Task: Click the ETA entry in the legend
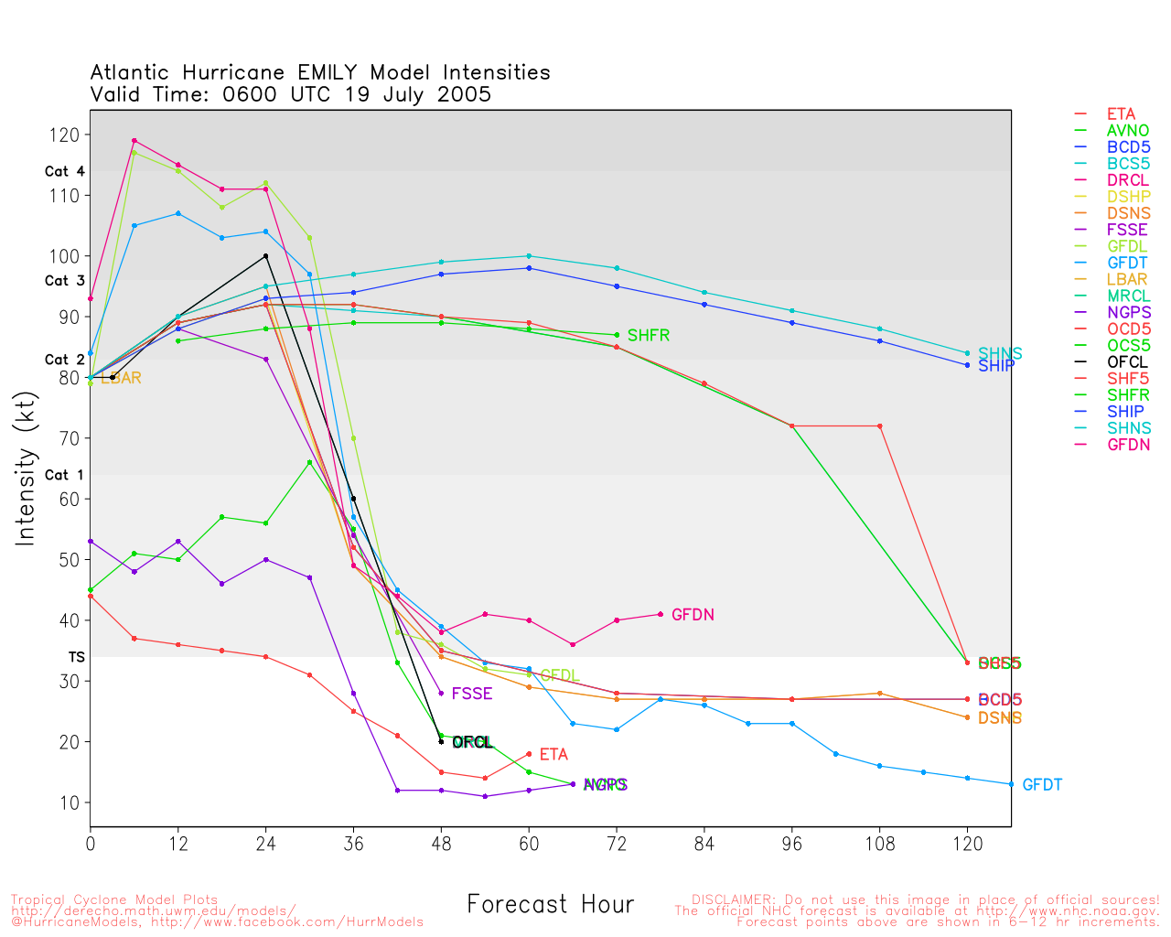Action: [x=1121, y=114]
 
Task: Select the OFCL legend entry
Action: [x=1127, y=362]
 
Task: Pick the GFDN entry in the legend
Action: [x=1128, y=445]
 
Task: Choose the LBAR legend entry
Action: [x=1127, y=280]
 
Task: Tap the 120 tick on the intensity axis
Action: [x=69, y=135]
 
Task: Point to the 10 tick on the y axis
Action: [x=72, y=802]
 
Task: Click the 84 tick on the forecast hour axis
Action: [x=704, y=844]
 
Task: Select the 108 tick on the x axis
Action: [x=880, y=844]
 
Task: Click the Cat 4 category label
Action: [x=64, y=171]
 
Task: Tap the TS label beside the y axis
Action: [x=76, y=657]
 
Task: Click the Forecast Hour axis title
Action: [x=550, y=905]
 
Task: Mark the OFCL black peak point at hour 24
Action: [x=265, y=256]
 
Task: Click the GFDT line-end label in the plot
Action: [x=1042, y=785]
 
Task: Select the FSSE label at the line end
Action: [x=472, y=694]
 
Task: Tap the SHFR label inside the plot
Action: [x=649, y=336]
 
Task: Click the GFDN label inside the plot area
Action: [x=693, y=615]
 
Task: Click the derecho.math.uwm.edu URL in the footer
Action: [x=154, y=910]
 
